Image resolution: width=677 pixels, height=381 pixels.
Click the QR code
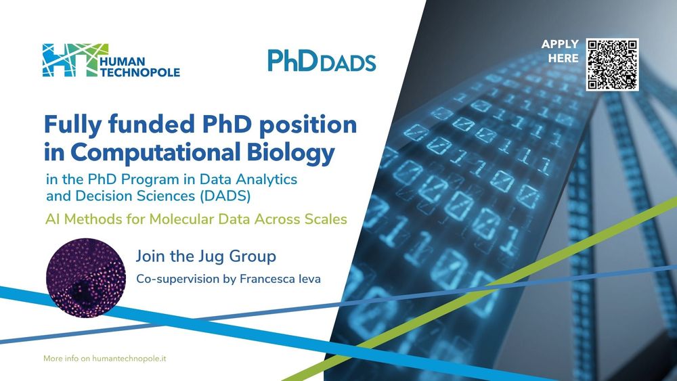[612, 65]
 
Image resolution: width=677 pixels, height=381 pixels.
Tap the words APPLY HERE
[560, 51]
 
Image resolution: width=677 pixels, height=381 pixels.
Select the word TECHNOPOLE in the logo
[140, 72]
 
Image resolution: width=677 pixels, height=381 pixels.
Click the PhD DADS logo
[322, 60]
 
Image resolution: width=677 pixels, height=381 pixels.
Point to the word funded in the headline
[151, 125]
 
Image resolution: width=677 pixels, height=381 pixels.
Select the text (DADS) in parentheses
[225, 196]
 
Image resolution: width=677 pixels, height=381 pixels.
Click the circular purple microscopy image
[86, 278]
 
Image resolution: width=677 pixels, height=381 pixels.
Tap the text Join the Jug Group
[206, 256]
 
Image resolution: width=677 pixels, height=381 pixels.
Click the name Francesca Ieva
[280, 279]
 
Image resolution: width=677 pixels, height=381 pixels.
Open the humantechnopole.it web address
[129, 359]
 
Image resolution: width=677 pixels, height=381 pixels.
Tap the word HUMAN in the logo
[122, 62]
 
